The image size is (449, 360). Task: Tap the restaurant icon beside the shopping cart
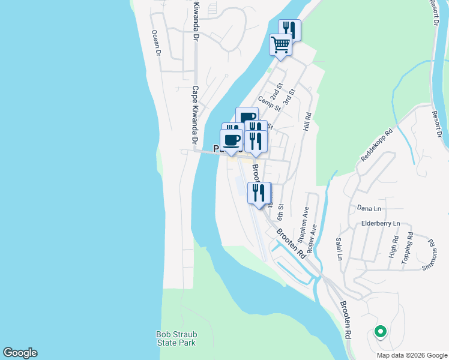tap(289, 29)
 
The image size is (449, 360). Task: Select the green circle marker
tap(379, 331)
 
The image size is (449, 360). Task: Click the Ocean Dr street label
tap(157, 43)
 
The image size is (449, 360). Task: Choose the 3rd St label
tap(290, 95)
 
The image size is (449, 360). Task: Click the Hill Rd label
tap(307, 122)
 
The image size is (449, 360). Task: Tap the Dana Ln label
tap(369, 208)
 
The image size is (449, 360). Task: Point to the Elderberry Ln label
tap(381, 223)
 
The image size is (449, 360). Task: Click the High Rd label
tap(394, 246)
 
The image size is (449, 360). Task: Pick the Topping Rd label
tap(408, 247)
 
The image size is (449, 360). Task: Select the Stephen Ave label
tap(306, 221)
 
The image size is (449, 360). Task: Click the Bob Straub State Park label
tap(176, 338)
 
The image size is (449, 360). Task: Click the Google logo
tap(20, 353)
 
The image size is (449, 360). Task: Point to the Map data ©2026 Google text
tap(411, 355)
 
